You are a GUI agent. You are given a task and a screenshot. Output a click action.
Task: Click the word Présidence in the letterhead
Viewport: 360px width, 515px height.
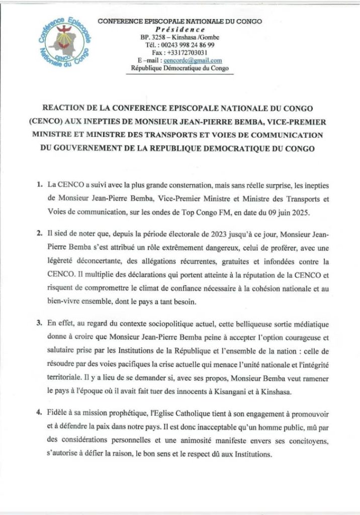[179, 29]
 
